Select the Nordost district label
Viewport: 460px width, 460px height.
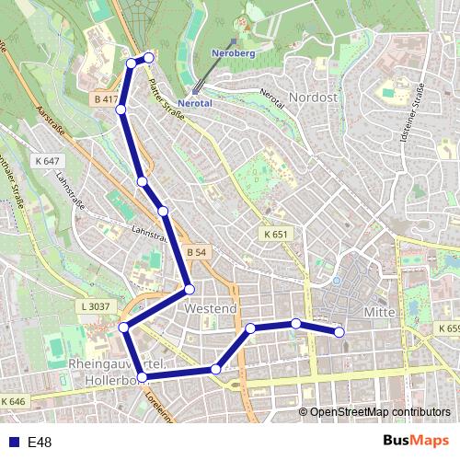tap(315, 97)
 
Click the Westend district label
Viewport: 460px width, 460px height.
tap(211, 309)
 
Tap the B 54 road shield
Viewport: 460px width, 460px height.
tap(195, 251)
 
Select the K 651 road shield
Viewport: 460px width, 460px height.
tap(274, 235)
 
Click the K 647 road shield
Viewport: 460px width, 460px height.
tap(46, 161)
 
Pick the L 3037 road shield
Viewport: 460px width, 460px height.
tap(96, 305)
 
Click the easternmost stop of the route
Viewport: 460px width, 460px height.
tap(339, 331)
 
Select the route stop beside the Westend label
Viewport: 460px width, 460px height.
tap(189, 289)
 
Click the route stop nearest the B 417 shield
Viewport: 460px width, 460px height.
tap(121, 109)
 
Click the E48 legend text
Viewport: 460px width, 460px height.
tap(40, 443)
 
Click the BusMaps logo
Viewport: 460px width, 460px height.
tap(415, 442)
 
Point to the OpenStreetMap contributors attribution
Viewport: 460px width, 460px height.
tap(380, 412)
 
